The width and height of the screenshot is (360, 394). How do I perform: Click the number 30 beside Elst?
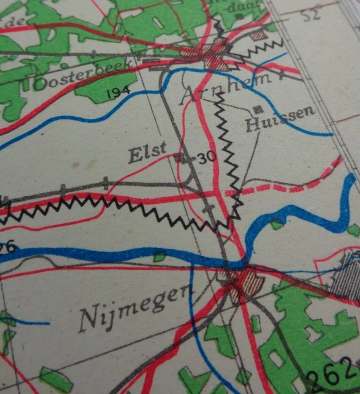click(208, 158)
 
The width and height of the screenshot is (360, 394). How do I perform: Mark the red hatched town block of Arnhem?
click(215, 55)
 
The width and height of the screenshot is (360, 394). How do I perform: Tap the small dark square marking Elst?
click(178, 158)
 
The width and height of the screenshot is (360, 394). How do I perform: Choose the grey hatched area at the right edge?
click(345, 277)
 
